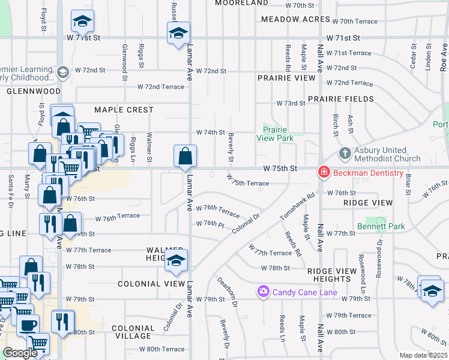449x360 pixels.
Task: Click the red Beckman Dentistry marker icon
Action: [x=324, y=173]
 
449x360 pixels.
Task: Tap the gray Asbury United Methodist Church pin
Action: [x=345, y=154]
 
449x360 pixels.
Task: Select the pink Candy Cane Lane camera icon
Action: [x=263, y=292]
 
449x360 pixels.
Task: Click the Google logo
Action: [x=20, y=353]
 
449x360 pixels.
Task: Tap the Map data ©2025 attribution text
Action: [x=423, y=355]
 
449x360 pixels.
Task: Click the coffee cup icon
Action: [x=28, y=325]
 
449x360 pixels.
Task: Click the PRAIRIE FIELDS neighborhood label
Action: [x=340, y=99]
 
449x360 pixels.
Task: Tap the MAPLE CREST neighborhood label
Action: [x=124, y=110]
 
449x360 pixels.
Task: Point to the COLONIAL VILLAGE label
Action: [x=133, y=332]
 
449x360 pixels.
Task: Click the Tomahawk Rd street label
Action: [x=298, y=206]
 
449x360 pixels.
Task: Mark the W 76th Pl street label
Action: [x=209, y=224]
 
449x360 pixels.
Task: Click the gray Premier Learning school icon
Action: [x=62, y=73]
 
